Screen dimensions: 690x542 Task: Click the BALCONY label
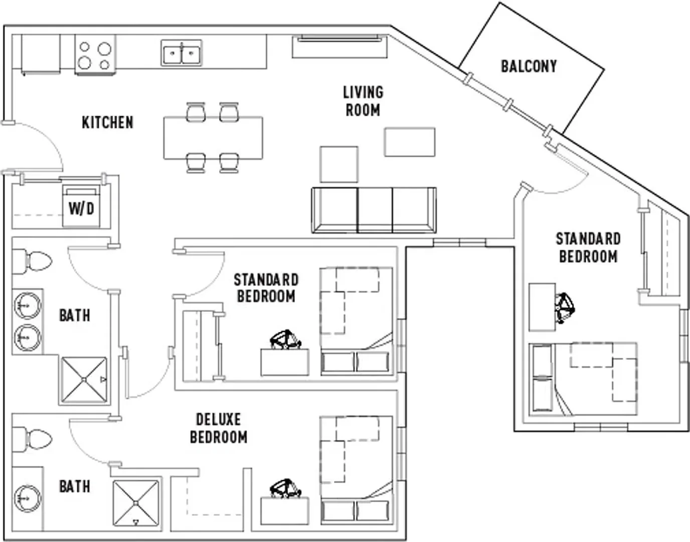pyautogui.click(x=529, y=66)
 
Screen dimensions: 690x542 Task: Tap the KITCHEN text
pyautogui.click(x=108, y=122)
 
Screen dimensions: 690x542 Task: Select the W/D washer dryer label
pyautogui.click(x=82, y=209)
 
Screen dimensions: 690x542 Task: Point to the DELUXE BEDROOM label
pyautogui.click(x=219, y=428)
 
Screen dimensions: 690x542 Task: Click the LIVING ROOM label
pyautogui.click(x=363, y=101)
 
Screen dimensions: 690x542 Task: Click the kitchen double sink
pyautogui.click(x=182, y=53)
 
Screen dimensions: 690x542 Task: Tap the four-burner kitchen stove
pyautogui.click(x=95, y=55)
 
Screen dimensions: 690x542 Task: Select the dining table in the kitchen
pyautogui.click(x=213, y=138)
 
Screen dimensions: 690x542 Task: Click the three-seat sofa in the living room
pyautogui.click(x=374, y=210)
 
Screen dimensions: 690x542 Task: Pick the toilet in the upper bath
pyautogui.click(x=32, y=261)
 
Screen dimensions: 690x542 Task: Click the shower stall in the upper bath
pyautogui.click(x=84, y=380)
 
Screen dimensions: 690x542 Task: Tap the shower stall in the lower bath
pyautogui.click(x=136, y=503)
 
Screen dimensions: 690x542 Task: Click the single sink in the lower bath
pyautogui.click(x=28, y=498)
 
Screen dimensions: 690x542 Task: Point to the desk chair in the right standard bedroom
pyautogui.click(x=565, y=308)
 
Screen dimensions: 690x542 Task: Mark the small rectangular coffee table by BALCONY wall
pyautogui.click(x=410, y=142)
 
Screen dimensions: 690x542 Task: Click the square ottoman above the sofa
pyautogui.click(x=339, y=165)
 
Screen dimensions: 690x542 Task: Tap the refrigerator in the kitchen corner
pyautogui.click(x=41, y=54)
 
